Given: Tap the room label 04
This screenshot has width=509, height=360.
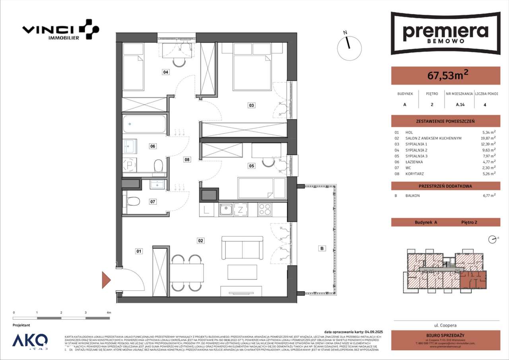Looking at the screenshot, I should tap(165, 72).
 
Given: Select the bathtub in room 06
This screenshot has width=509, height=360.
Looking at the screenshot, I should tap(144, 124).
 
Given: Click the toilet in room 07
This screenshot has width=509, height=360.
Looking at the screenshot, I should tap(134, 202).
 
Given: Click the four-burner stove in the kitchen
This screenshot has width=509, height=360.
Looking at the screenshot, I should tap(265, 209).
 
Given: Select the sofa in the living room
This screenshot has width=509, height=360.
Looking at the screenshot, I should tap(242, 248).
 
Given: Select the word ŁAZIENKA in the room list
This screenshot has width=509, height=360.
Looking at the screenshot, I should tap(414, 162).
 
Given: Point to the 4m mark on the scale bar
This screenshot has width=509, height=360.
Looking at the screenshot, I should tap(109, 313).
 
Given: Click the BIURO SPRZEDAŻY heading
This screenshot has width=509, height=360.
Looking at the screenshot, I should tap(445, 335).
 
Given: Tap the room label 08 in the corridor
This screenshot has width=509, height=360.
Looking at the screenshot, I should tap(187, 160).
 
